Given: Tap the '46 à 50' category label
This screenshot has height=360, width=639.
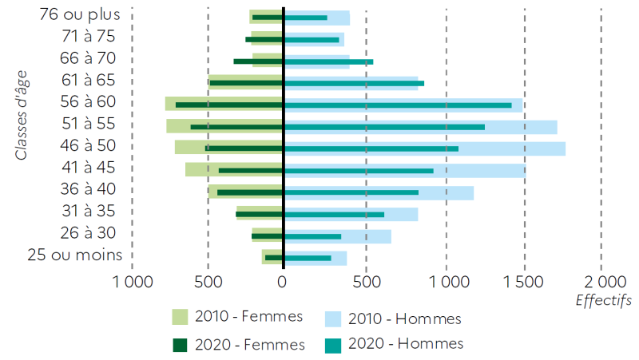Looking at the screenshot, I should (x=89, y=145).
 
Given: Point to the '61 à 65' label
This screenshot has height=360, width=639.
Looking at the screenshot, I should (x=89, y=80).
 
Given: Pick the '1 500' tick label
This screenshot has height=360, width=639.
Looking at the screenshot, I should (x=524, y=282).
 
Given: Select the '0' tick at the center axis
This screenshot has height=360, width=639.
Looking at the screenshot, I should (x=282, y=282).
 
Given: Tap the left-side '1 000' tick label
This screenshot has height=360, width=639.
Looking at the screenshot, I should (x=133, y=282).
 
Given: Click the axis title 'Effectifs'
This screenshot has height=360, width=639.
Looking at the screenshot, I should (x=603, y=301).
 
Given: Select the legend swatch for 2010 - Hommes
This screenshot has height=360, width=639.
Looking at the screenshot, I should (x=334, y=318).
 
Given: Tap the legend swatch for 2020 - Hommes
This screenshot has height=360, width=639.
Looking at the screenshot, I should (x=334, y=343).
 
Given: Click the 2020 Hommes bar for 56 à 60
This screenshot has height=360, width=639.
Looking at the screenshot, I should (x=399, y=105).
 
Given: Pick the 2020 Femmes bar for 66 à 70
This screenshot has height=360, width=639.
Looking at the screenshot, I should (x=257, y=61).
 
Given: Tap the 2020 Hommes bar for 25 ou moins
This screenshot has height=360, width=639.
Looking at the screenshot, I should (x=308, y=258).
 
